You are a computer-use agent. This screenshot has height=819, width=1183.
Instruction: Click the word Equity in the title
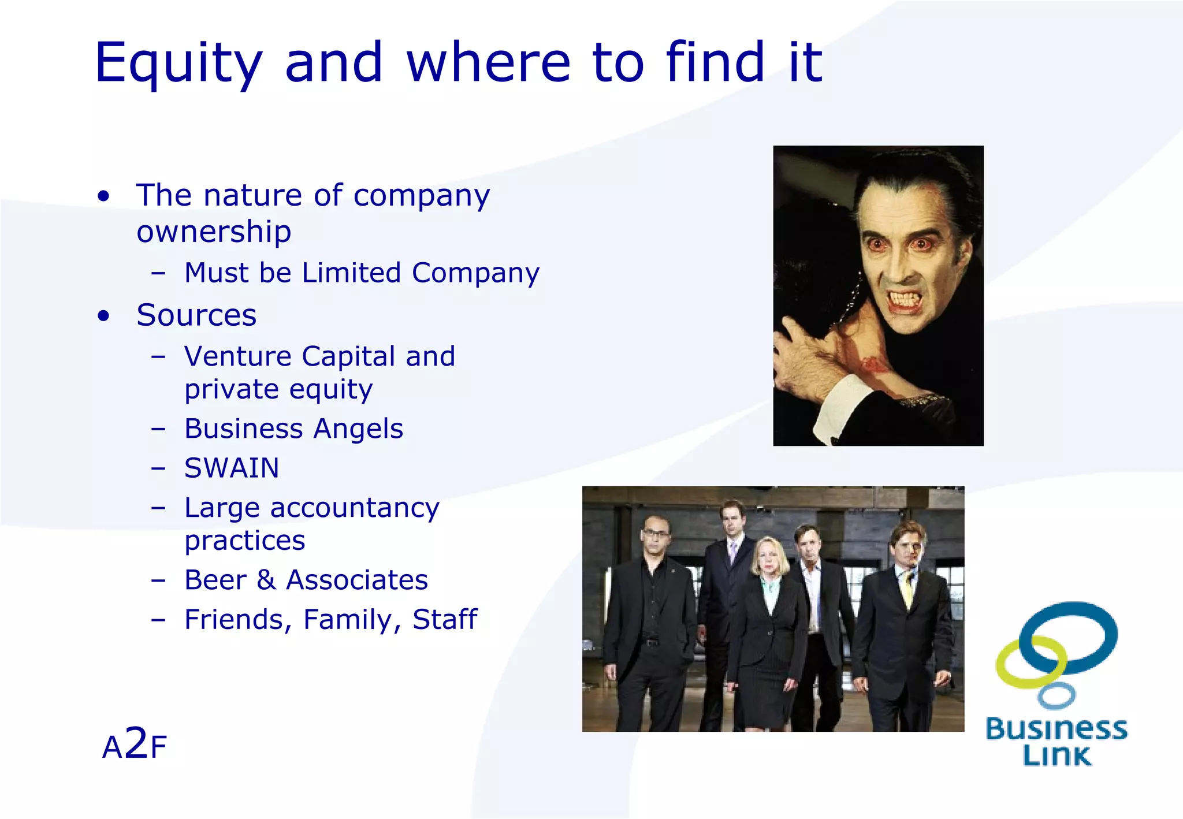[x=178, y=64]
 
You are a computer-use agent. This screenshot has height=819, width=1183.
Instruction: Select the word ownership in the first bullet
[x=214, y=232]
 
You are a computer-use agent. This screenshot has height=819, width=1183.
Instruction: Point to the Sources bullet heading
[x=196, y=315]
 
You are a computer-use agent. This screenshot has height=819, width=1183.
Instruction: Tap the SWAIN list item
[x=232, y=468]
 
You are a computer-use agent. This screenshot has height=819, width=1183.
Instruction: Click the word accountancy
[x=355, y=508]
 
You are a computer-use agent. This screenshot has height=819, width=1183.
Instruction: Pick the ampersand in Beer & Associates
[x=266, y=580]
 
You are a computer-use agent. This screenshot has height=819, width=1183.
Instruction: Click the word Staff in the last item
[x=445, y=620]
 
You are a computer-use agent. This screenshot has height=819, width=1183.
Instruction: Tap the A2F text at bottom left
[x=134, y=745]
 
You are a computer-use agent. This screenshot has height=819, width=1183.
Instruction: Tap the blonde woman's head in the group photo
[x=769, y=554]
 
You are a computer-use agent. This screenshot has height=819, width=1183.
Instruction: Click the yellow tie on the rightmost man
[x=907, y=589]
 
